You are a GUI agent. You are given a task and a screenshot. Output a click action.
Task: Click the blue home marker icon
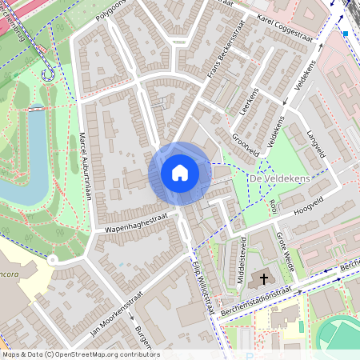click(180, 173)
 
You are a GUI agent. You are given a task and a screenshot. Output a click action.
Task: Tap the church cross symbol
click(264, 280)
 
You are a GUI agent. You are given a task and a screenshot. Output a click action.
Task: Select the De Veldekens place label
click(279, 178)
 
